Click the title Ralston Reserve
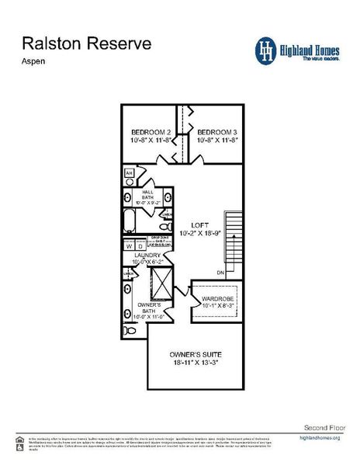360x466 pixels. click(86, 43)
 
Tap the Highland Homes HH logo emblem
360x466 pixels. click(267, 50)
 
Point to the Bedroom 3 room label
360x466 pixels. click(216, 133)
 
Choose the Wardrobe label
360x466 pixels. click(218, 300)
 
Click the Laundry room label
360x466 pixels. click(147, 256)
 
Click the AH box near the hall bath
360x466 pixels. click(130, 172)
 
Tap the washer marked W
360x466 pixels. click(130, 246)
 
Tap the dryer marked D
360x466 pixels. click(140, 246)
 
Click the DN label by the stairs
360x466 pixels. click(220, 273)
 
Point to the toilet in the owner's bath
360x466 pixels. click(130, 330)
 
